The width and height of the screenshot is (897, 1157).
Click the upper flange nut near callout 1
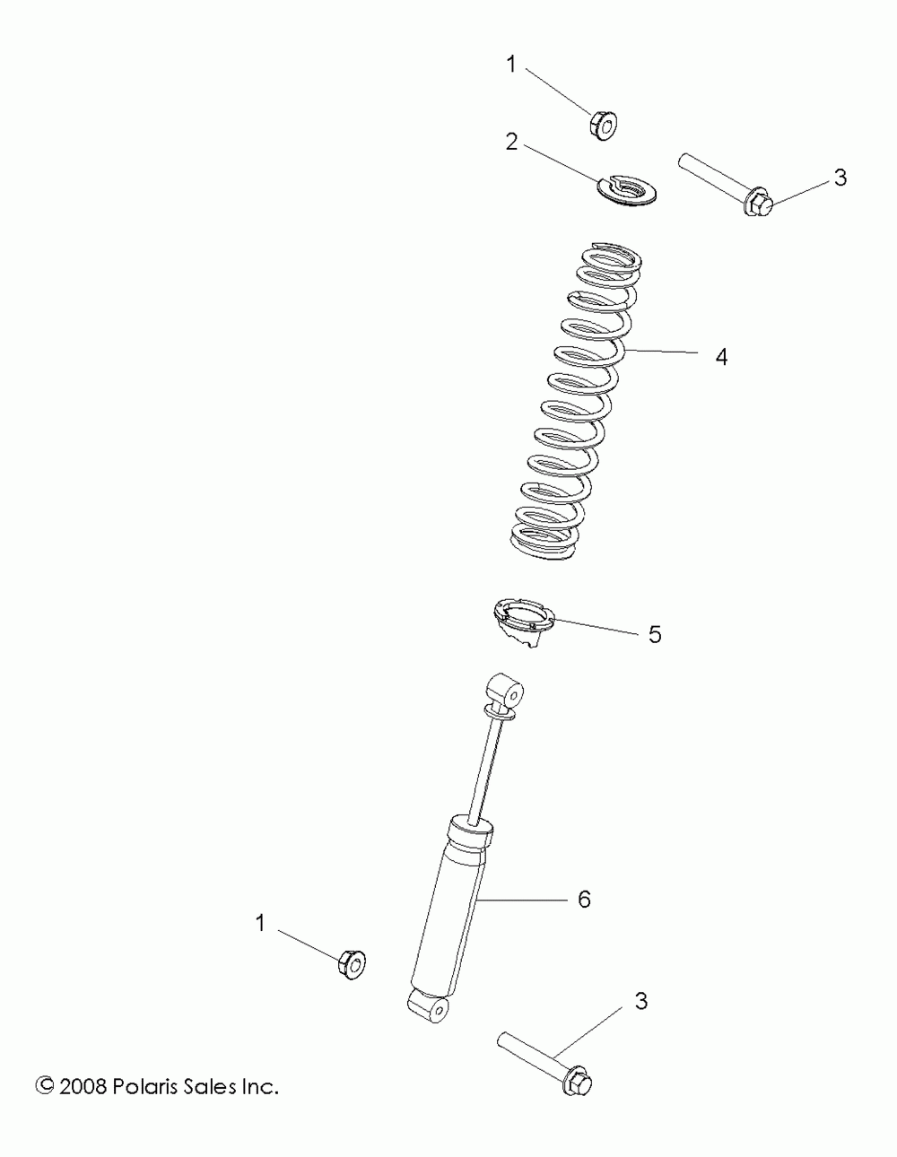pyautogui.click(x=603, y=126)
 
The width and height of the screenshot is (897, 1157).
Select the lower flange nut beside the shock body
pyautogui.click(x=352, y=965)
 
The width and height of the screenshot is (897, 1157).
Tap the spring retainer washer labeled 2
pyautogui.click(x=625, y=190)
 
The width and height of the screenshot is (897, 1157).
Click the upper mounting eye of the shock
pyautogui.click(x=505, y=692)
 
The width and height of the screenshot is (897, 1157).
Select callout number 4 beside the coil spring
pyautogui.click(x=721, y=357)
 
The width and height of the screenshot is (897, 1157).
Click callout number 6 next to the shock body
pyautogui.click(x=585, y=900)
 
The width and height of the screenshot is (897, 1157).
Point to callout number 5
pyautogui.click(x=655, y=635)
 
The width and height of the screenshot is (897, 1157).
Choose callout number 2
pyautogui.click(x=511, y=142)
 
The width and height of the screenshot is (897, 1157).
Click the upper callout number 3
pyautogui.click(x=840, y=178)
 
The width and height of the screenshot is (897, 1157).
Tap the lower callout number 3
pyautogui.click(x=641, y=1002)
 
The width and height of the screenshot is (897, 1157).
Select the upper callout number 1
pyautogui.click(x=511, y=65)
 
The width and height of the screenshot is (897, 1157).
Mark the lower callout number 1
pyautogui.click(x=260, y=923)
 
